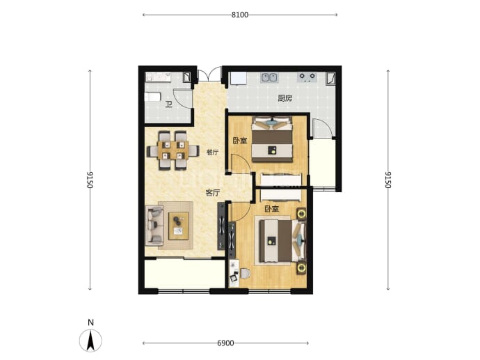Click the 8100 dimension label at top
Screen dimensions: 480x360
point(240,15)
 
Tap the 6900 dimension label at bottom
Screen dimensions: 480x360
point(225,343)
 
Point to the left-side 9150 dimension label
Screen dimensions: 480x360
point(90,180)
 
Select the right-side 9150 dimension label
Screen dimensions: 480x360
point(388,180)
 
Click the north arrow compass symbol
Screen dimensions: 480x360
point(90,341)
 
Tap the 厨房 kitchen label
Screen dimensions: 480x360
point(285,98)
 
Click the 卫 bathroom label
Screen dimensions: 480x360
point(168,104)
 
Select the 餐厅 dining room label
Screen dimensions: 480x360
point(213,152)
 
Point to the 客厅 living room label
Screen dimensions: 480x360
point(213,193)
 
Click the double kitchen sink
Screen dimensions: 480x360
point(269,77)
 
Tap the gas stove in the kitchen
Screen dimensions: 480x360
point(307,77)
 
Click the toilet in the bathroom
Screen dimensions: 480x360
point(152,97)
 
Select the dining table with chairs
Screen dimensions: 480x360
point(173,150)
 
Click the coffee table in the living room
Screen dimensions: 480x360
point(178,226)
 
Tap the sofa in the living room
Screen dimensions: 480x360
point(154,226)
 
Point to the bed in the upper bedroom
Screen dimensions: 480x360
point(272,139)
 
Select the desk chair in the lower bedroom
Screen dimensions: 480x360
point(245,273)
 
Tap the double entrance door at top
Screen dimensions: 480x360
point(209,74)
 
